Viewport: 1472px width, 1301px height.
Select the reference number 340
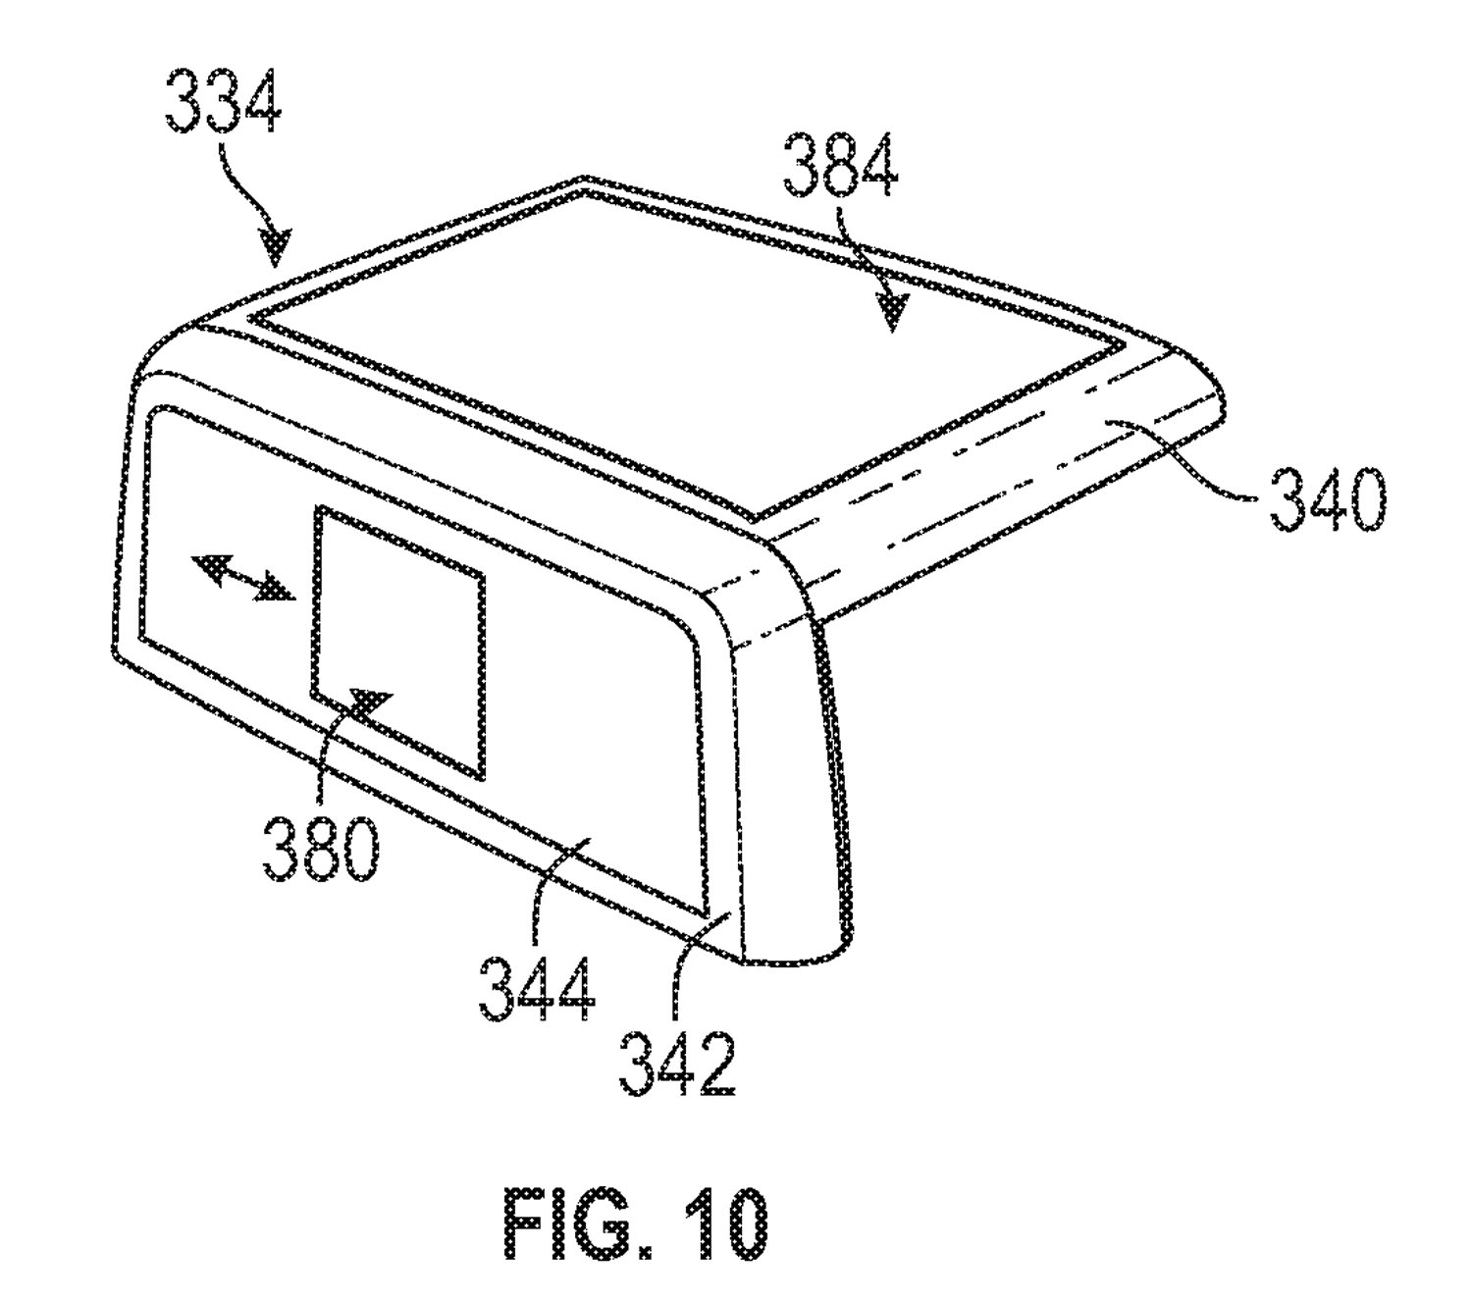[x=1327, y=501]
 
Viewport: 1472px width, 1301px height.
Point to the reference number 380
[x=320, y=849]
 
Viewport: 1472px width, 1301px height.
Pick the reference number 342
[x=677, y=1064]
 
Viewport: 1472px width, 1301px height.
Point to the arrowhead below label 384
[x=891, y=313]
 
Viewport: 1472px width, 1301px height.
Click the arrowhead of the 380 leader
[x=370, y=704]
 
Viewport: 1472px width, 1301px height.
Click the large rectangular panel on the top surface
[x=687, y=343]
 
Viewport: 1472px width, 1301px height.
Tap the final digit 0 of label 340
[x=1365, y=501]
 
